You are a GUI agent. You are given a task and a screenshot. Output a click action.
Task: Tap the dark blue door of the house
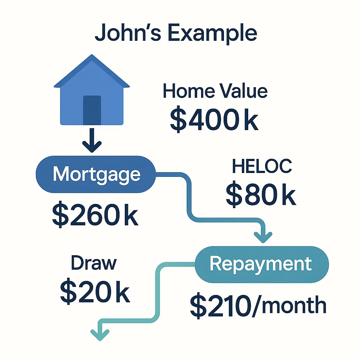click(92, 110)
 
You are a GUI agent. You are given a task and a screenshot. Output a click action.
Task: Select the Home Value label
click(215, 91)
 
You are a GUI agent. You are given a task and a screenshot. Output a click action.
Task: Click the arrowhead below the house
click(92, 146)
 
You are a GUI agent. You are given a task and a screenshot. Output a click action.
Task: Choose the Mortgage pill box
click(96, 174)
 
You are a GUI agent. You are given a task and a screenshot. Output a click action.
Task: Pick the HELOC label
click(262, 167)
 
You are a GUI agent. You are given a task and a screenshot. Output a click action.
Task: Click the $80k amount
click(261, 195)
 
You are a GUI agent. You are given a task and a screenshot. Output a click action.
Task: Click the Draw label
click(94, 263)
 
